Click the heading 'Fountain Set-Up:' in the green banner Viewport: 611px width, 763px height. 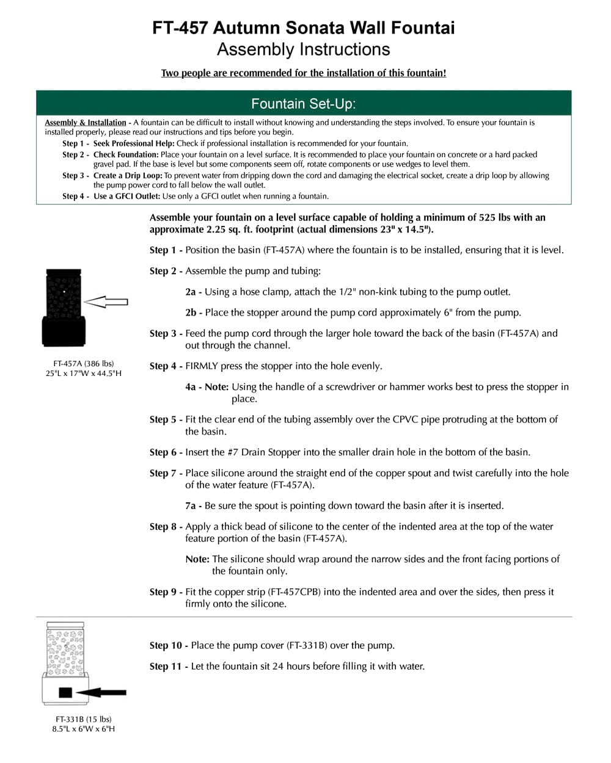(x=304, y=104)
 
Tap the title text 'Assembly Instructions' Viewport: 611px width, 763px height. (x=304, y=49)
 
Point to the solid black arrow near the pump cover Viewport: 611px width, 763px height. (x=101, y=692)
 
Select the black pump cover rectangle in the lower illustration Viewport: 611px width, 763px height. (x=65, y=692)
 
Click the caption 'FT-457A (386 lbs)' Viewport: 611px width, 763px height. (x=84, y=364)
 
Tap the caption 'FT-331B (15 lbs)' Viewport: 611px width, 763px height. (x=84, y=719)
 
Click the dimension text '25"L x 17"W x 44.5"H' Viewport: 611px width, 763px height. (x=84, y=373)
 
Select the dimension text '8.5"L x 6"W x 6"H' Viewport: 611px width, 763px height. (x=84, y=729)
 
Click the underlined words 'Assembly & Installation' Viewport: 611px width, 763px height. (x=85, y=123)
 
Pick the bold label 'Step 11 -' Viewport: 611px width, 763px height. (x=169, y=667)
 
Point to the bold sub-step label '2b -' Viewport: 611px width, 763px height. (x=194, y=313)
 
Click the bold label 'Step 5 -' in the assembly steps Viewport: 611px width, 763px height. (x=166, y=419)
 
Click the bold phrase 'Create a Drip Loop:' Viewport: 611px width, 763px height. (x=128, y=176)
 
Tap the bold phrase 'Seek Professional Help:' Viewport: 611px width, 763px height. (x=134, y=143)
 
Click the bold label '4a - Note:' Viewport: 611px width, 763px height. (x=207, y=387)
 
